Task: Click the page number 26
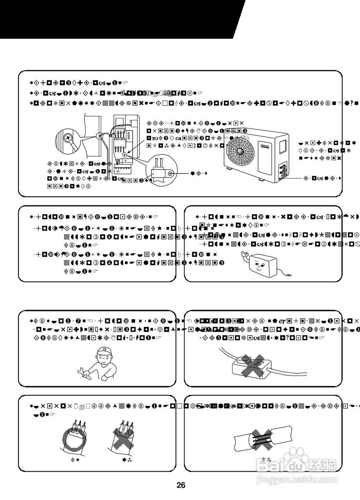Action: click(180, 486)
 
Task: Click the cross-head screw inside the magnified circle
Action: click(68, 138)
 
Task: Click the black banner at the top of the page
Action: click(117, 19)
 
